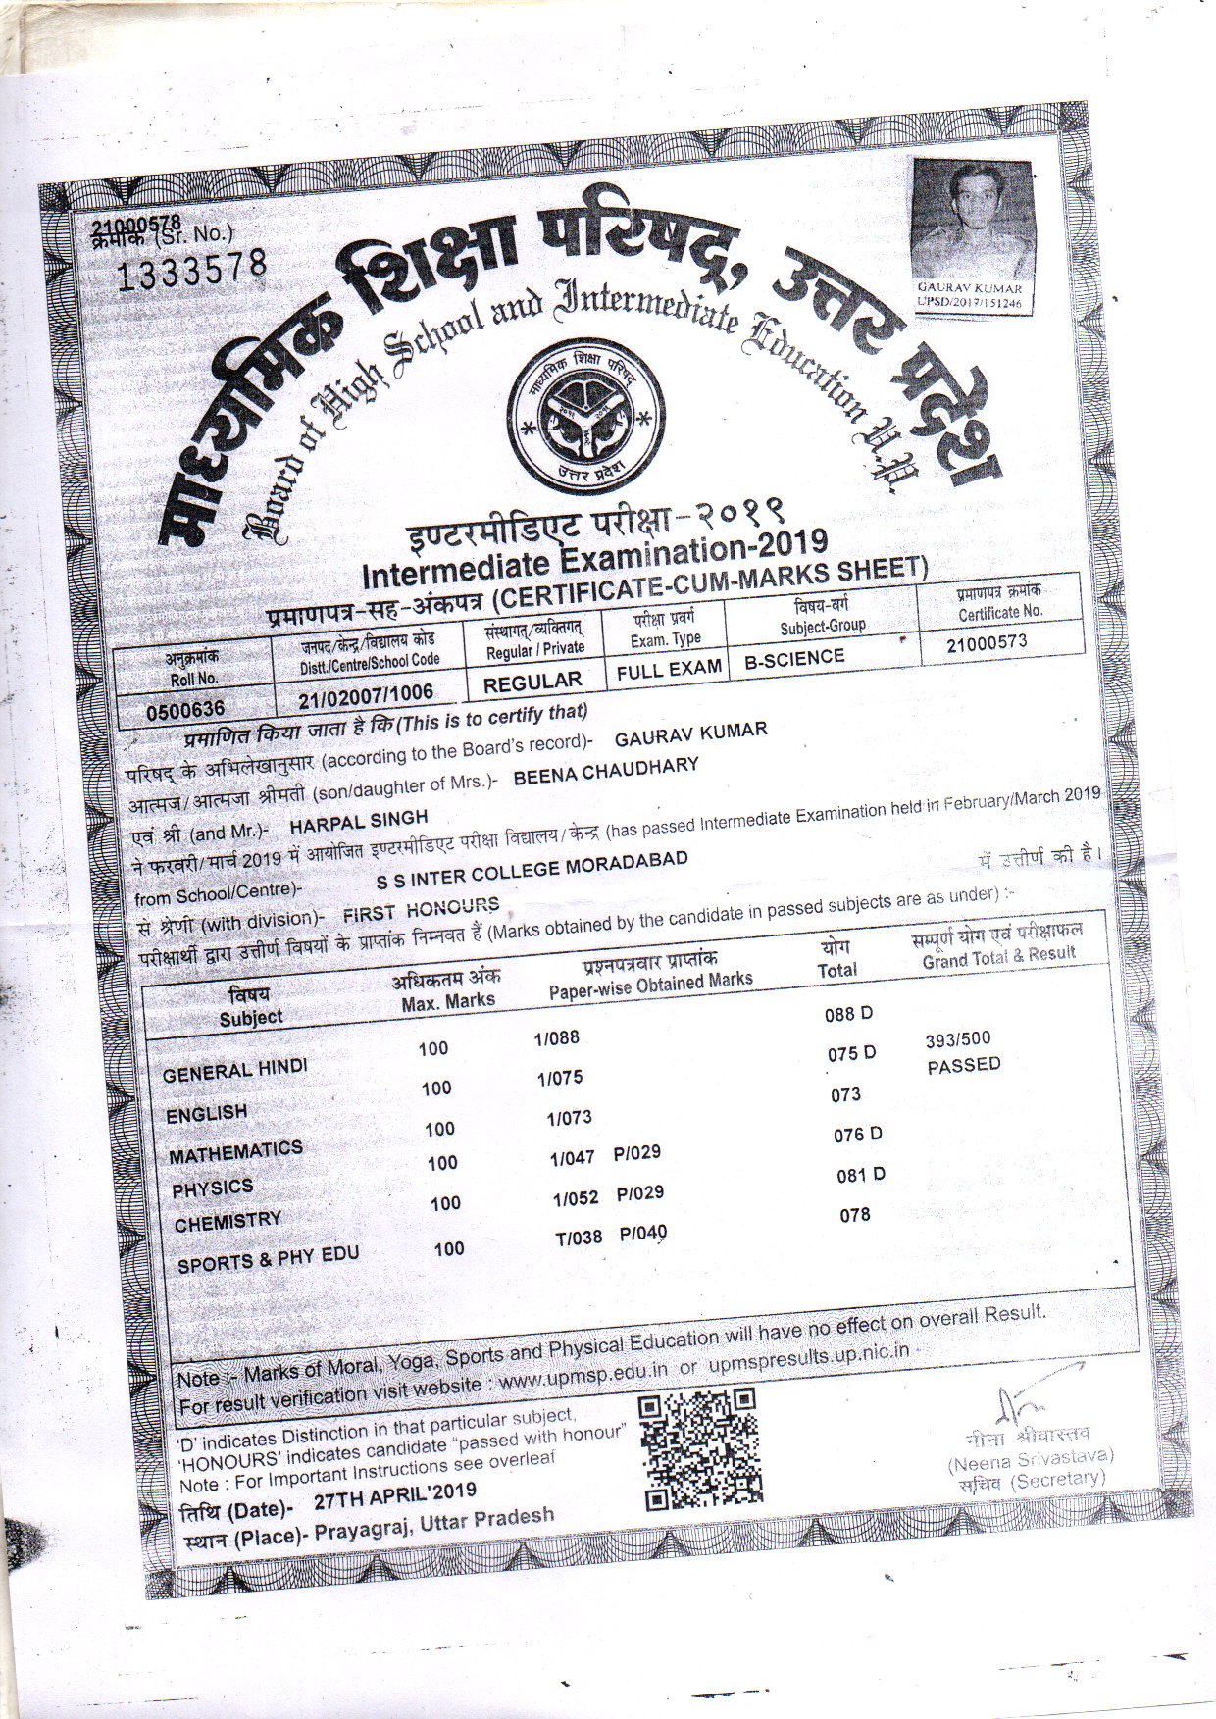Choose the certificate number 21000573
click(987, 643)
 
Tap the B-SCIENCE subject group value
click(793, 658)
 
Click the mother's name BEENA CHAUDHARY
click(606, 770)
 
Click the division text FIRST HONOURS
click(421, 910)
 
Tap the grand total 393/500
click(958, 1039)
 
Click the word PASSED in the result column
click(963, 1065)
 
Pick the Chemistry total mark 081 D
click(860, 1175)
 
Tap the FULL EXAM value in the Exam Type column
click(669, 670)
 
